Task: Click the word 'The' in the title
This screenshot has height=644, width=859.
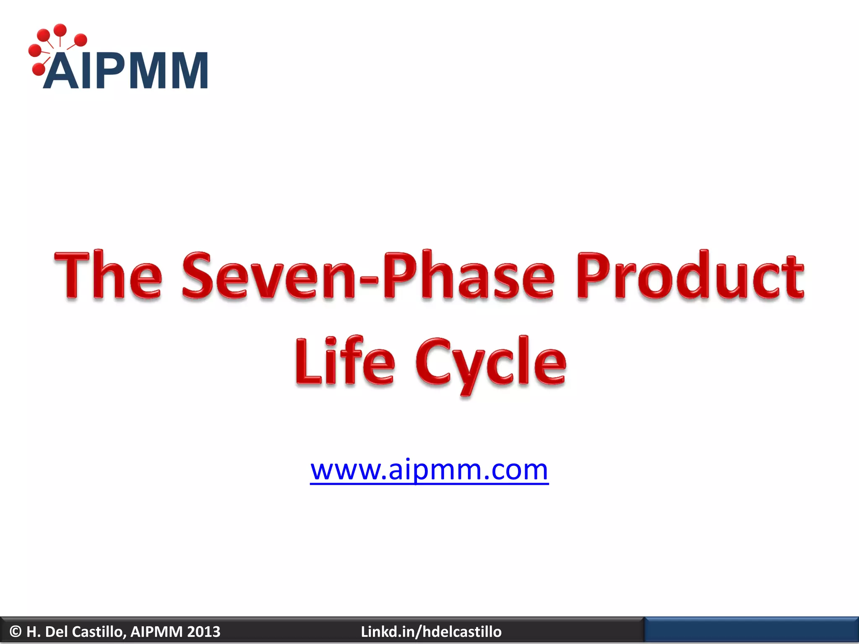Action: pos(108,275)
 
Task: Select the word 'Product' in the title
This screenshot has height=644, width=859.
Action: pos(690,275)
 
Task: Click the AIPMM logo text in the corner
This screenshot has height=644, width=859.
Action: pos(126,70)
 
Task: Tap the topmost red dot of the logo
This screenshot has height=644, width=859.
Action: pos(60,30)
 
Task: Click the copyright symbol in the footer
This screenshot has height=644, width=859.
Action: pos(16,631)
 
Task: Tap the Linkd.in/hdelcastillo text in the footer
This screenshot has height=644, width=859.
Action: pos(431,631)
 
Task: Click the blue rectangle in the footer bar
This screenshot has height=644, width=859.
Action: pos(751,631)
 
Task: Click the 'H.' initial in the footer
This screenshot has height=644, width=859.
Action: pos(33,631)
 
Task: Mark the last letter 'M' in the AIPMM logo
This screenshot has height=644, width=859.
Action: pos(186,70)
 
